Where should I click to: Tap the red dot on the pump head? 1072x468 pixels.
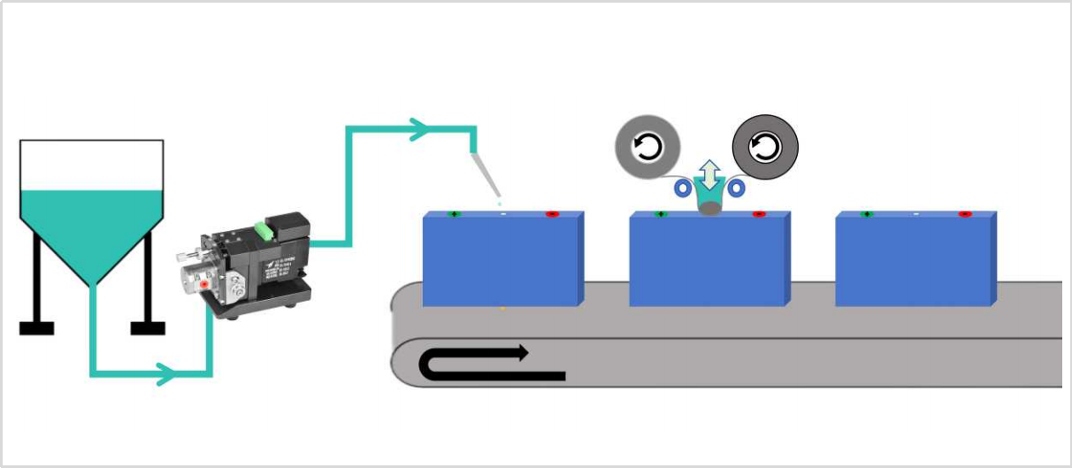point(205,285)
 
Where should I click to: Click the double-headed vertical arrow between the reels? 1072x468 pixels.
point(707,175)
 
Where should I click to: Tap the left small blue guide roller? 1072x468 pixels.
point(682,188)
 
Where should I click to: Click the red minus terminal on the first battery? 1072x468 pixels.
point(552,214)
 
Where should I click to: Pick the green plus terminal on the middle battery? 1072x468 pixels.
point(660,214)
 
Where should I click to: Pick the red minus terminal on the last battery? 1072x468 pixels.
point(964,214)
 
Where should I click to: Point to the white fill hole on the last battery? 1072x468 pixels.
point(915,214)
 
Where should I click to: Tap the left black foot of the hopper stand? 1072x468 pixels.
point(36,328)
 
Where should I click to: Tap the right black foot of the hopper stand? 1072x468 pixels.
point(148,328)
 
